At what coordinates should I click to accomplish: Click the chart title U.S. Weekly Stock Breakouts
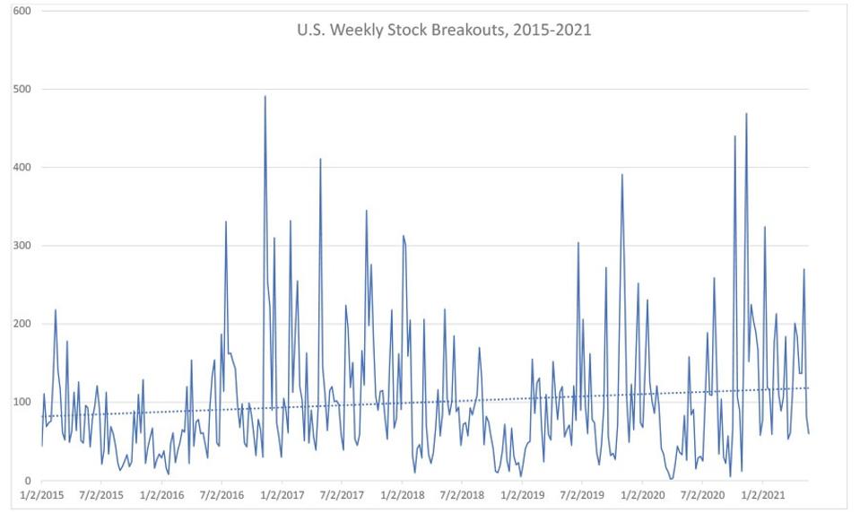444,30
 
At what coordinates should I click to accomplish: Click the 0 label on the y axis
28,480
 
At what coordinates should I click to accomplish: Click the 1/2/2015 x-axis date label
42,495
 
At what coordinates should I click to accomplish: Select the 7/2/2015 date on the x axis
102,495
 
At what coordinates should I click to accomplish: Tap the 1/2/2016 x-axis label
162,495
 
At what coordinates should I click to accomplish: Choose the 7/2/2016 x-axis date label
222,495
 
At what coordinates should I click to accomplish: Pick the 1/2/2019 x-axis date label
522,495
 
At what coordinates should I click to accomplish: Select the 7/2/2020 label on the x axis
702,495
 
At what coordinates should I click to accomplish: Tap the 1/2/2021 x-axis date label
762,495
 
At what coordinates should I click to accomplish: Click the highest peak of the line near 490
265,97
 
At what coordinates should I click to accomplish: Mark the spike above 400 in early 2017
320,160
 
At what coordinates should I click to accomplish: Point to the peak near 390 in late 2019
621,175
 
